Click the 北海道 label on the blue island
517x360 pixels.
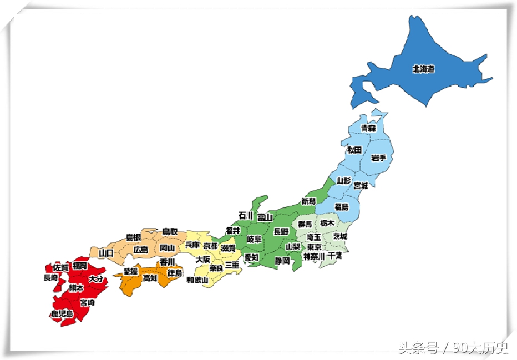click(423, 69)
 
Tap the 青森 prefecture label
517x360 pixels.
click(368, 128)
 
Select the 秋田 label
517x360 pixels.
click(354, 150)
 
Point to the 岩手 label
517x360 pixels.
click(378, 158)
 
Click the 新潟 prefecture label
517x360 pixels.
click(308, 201)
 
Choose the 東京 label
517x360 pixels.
click(314, 247)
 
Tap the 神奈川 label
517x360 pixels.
click(314, 257)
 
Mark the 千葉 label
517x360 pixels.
click(335, 256)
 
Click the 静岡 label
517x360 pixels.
click(282, 260)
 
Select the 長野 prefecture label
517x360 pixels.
click(281, 231)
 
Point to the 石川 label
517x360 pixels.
click(246, 215)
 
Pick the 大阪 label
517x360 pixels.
click(203, 259)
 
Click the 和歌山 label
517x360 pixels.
click(197, 280)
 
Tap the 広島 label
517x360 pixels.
click(141, 250)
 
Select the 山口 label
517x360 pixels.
click(106, 253)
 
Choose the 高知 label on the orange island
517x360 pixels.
click(150, 278)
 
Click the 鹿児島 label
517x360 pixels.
click(62, 314)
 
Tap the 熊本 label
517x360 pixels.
click(76, 288)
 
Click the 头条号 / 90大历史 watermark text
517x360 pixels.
click(453, 348)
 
